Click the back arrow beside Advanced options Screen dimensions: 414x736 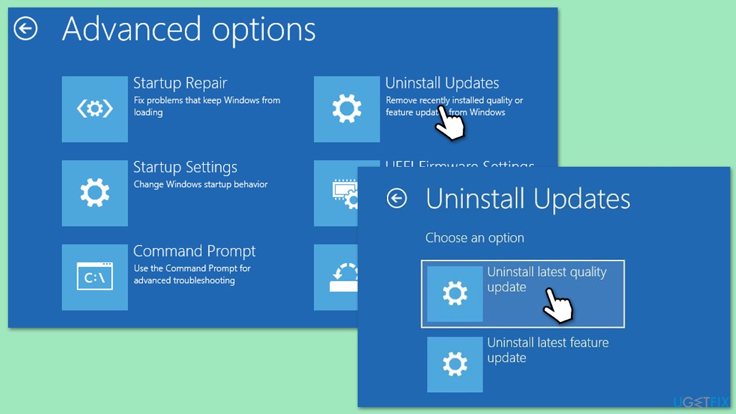[x=26, y=29]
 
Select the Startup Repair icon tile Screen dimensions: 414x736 [x=95, y=109]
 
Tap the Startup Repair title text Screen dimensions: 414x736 [x=180, y=83]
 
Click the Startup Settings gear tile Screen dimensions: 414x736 [x=95, y=193]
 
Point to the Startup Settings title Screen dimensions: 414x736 [x=185, y=167]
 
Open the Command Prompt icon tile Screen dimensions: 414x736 [x=95, y=277]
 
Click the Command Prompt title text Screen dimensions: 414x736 [x=194, y=251]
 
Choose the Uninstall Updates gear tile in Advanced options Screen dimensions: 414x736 [x=347, y=109]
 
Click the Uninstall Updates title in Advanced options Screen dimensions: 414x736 [x=442, y=83]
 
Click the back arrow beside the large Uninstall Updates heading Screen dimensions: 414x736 [x=397, y=199]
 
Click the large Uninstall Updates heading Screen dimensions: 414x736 [x=528, y=199]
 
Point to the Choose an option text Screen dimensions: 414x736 [x=474, y=238]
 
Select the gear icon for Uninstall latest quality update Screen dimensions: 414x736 [x=455, y=294]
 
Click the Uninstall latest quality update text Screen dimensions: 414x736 [x=546, y=279]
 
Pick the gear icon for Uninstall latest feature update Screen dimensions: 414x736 [x=455, y=365]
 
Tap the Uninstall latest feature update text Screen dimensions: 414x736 [x=547, y=350]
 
